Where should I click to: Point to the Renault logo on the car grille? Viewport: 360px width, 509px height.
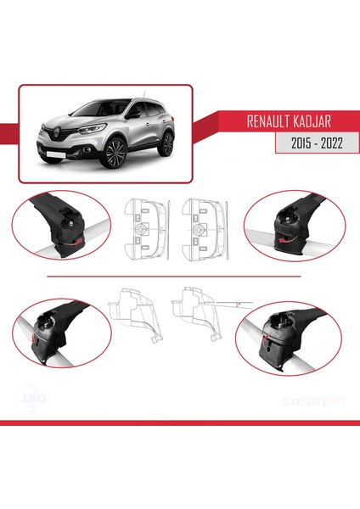pos(54,132)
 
